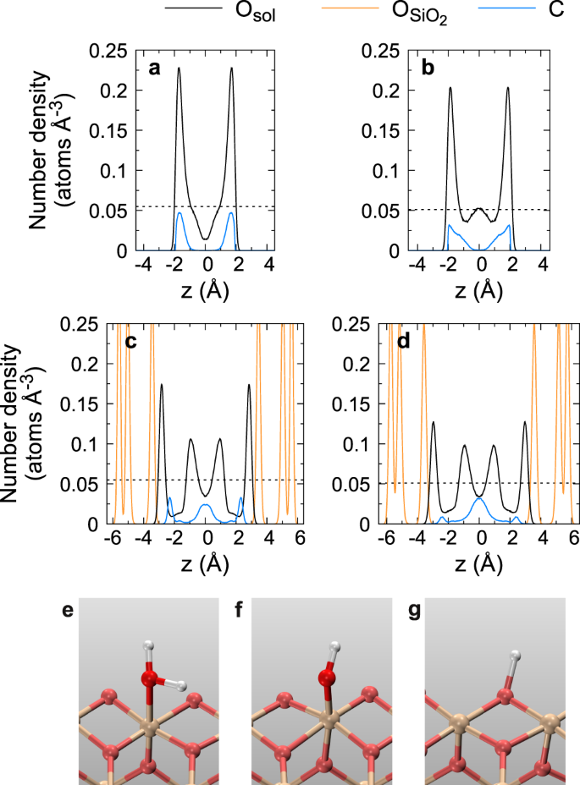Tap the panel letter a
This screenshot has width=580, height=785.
(x=154, y=69)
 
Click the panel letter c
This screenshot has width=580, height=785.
(x=130, y=341)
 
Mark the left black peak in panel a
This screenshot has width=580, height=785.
(x=179, y=69)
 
